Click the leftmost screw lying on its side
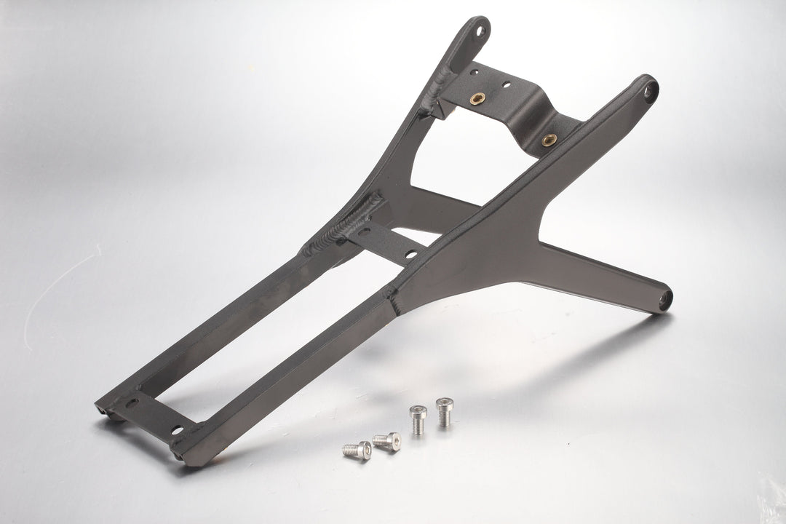(x=356, y=449)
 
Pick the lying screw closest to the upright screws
(x=386, y=440)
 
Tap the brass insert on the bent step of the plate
(x=549, y=139)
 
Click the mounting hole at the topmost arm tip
(x=480, y=32)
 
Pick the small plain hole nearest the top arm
(x=475, y=72)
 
